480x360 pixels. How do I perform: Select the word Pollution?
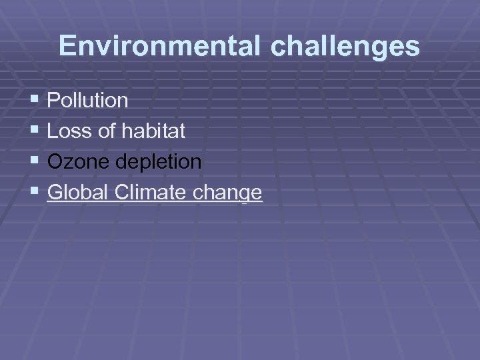pos(88,101)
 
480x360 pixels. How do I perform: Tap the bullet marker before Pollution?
pos(35,100)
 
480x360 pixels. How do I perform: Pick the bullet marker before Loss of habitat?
pos(35,131)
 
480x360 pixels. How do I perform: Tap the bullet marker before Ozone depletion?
pos(35,161)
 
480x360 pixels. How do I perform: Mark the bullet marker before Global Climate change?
pos(35,192)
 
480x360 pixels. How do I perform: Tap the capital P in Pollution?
pos(54,101)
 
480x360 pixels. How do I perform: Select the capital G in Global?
pos(55,193)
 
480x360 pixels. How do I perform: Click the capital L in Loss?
pos(53,131)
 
